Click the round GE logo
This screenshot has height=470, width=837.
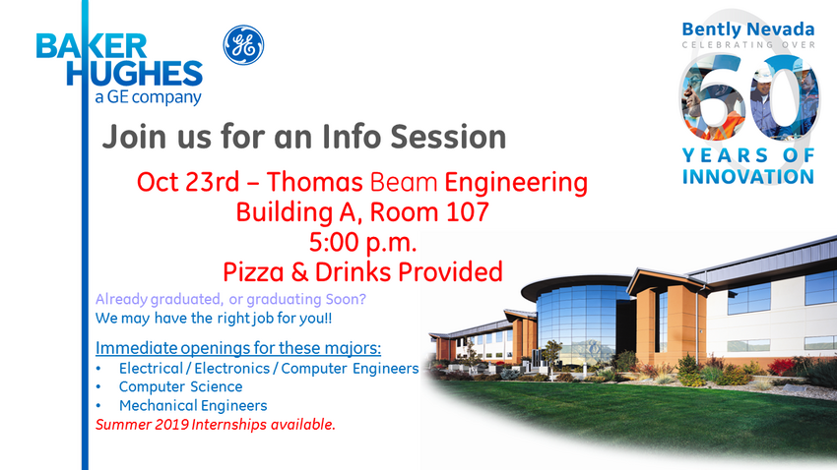click(x=243, y=45)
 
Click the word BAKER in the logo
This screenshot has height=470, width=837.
click(x=92, y=46)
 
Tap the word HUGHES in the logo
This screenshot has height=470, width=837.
click(x=135, y=73)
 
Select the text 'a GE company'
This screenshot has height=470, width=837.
click(x=148, y=97)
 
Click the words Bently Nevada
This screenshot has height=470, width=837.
click(x=747, y=29)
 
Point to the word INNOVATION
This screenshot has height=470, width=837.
click(x=747, y=176)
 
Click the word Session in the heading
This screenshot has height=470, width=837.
click(x=448, y=137)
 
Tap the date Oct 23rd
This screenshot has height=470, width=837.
click(x=188, y=182)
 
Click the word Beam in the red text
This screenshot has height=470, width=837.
click(x=404, y=182)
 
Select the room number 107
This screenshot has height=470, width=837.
click(x=468, y=212)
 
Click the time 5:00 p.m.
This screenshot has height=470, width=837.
click(x=362, y=243)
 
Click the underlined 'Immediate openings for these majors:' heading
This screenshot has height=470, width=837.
click(x=238, y=348)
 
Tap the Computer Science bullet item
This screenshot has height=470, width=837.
click(x=180, y=386)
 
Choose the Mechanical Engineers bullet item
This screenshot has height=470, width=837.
click(x=193, y=405)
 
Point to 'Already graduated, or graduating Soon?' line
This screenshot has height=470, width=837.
click(x=230, y=299)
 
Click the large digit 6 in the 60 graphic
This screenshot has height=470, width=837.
click(x=713, y=97)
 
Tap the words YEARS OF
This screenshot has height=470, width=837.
click(x=747, y=155)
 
